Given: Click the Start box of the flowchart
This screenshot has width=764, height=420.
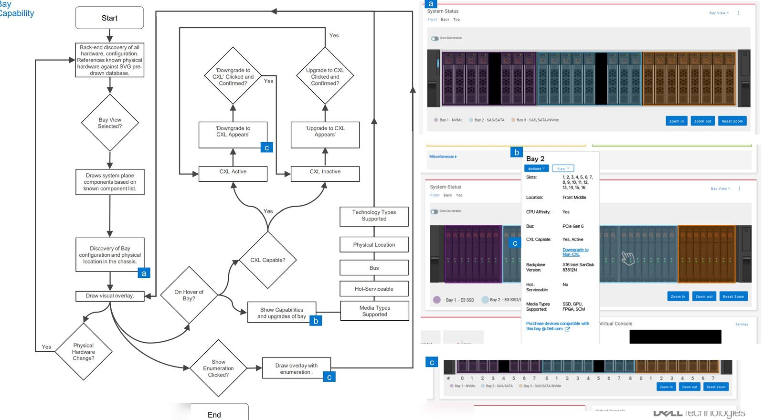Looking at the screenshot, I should pos(109,18).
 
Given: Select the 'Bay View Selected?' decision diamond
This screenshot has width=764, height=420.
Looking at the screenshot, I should pos(110,123).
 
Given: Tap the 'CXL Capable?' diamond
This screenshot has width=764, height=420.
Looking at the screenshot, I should pos(267,260).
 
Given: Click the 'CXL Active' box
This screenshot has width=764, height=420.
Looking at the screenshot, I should pos(233,172).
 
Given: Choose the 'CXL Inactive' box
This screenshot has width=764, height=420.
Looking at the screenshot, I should pos(325,172).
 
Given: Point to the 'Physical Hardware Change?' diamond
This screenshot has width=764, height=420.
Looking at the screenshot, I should pos(84,352).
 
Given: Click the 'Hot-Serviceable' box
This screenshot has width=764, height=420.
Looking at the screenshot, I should pos(374,289).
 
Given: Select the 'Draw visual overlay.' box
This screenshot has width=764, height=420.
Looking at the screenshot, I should pos(110,296).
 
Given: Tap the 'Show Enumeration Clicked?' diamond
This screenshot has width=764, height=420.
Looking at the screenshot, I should pos(218,368).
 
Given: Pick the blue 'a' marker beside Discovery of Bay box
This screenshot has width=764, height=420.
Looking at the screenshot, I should pos(144,273).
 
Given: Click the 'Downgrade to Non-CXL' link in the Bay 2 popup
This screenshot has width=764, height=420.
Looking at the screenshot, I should pos(575,252).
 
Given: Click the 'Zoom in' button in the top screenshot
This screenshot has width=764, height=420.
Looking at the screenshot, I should pos(676,121).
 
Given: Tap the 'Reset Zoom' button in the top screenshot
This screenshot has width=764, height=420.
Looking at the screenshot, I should pos(732,121).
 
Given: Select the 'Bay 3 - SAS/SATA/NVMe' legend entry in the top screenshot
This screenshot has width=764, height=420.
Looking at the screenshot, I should pos(537,120).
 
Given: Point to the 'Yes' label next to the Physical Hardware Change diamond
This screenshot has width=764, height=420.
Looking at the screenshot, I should pos(46,347).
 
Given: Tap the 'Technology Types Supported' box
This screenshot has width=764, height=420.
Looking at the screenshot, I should pos(374,216).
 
